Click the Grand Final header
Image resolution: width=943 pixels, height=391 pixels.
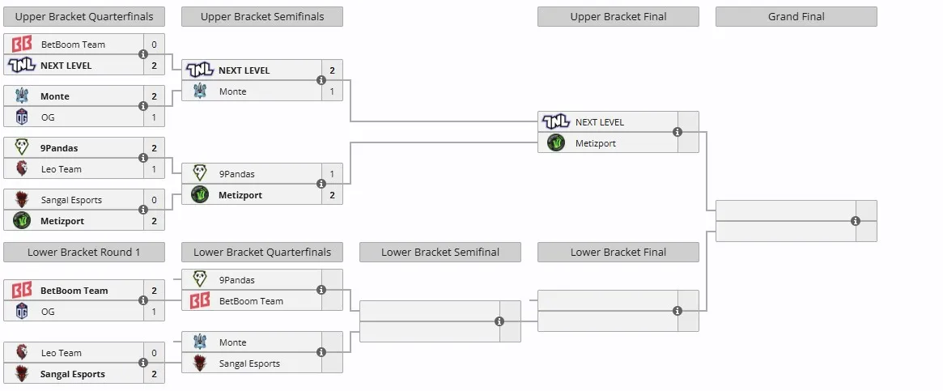click(x=796, y=17)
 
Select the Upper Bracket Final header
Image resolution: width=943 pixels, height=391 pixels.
click(x=618, y=17)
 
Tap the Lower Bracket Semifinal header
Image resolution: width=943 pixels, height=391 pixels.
click(x=440, y=252)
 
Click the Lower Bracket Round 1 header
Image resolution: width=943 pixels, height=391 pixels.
click(x=83, y=252)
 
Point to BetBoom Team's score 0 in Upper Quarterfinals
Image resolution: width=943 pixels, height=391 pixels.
click(x=154, y=45)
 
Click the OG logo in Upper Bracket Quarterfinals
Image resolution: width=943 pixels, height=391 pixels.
click(x=22, y=117)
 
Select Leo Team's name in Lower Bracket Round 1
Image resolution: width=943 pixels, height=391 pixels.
click(x=62, y=353)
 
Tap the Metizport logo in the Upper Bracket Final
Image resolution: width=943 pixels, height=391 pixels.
click(x=556, y=143)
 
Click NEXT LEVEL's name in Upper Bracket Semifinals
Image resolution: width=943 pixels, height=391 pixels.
click(x=244, y=70)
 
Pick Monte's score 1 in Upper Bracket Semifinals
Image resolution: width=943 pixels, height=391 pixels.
click(x=332, y=91)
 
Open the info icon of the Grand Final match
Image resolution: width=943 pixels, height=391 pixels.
click(x=856, y=221)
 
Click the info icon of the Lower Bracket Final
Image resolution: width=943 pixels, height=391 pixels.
click(x=678, y=311)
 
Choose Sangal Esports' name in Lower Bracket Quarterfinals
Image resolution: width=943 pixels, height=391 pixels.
click(x=249, y=363)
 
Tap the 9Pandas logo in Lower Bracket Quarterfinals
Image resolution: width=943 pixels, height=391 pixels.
click(x=200, y=279)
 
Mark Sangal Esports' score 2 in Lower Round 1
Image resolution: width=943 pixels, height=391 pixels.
click(x=154, y=374)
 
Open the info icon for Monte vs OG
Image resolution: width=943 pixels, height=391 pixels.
click(x=143, y=107)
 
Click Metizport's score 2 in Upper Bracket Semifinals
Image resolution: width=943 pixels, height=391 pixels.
click(x=332, y=195)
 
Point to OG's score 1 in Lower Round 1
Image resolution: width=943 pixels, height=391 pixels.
click(x=154, y=312)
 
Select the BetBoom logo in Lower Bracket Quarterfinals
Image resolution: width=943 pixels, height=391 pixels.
click(x=200, y=301)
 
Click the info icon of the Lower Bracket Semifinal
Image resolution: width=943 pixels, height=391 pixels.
click(x=499, y=321)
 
